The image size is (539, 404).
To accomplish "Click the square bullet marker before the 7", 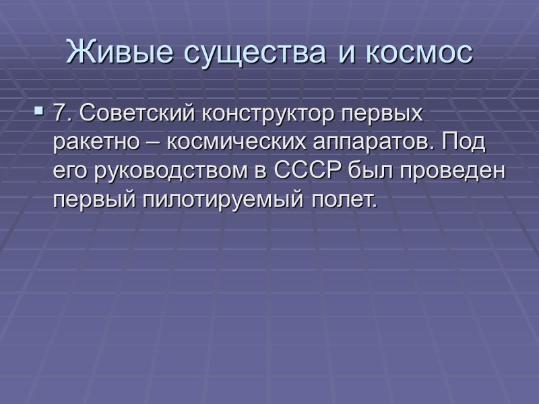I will tap(38, 108).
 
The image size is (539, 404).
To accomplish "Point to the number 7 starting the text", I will tap(60, 114).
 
